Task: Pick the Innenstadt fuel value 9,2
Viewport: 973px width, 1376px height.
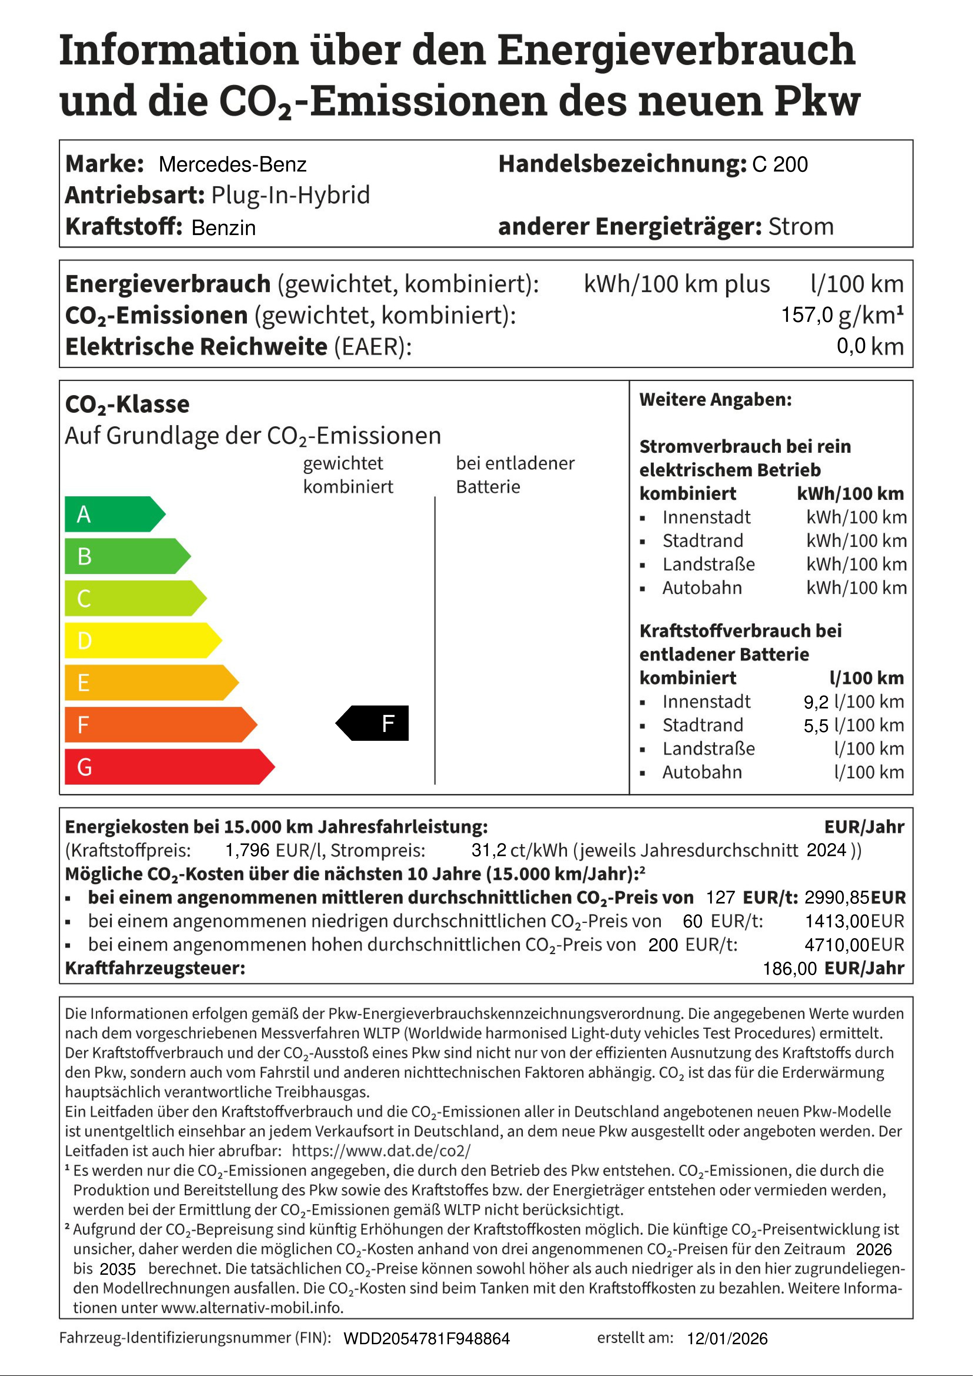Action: (x=816, y=702)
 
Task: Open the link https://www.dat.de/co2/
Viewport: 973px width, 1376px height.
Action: (x=381, y=1151)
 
